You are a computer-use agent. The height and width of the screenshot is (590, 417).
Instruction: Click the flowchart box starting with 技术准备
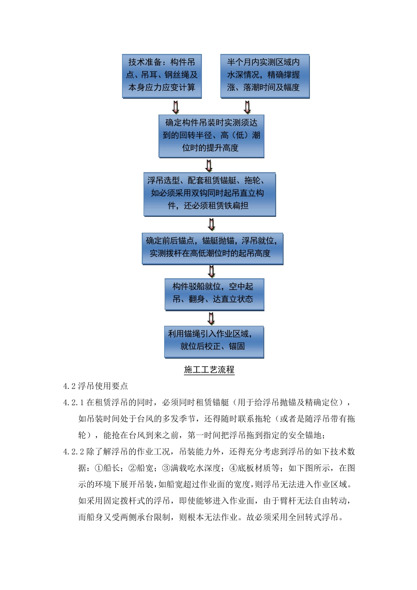coord(162,76)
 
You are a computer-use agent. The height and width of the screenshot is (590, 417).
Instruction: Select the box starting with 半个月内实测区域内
coord(265,76)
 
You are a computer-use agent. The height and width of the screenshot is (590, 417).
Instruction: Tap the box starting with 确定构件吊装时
coord(211,136)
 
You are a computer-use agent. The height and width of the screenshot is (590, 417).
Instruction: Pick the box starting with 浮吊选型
coord(209,194)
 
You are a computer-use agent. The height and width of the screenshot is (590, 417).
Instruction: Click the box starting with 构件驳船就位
coord(214,294)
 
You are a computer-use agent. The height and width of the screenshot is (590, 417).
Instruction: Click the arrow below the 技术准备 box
coord(176,107)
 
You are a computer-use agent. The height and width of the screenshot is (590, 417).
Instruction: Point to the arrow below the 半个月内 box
coord(247,107)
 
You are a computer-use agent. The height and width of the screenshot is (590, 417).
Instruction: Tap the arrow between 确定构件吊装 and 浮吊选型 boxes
coord(209,165)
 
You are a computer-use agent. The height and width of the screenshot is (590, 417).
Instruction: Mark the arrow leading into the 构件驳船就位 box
coord(212,272)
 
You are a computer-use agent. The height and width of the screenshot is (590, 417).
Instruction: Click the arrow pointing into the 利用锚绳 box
coord(212,318)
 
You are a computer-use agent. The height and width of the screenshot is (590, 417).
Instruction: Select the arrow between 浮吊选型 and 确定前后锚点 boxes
coord(212,224)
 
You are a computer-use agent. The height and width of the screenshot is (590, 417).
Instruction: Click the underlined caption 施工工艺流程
coord(209,370)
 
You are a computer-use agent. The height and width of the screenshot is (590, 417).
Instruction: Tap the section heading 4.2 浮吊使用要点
coord(96,386)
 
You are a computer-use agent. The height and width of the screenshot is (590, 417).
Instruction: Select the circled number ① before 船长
coord(99,468)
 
